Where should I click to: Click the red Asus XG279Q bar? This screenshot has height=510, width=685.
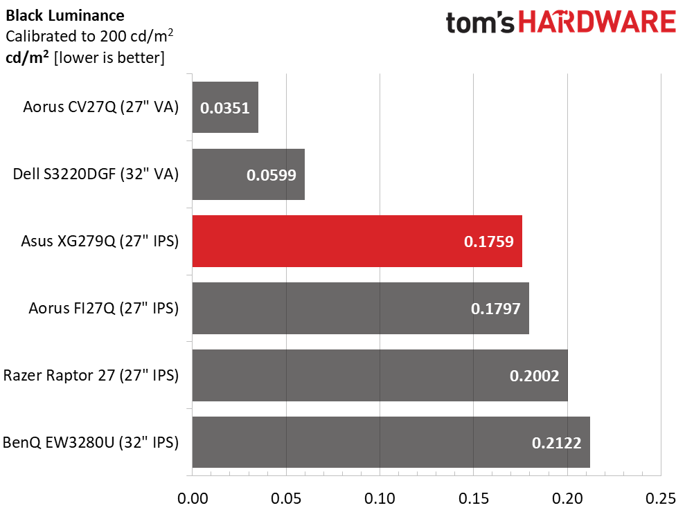tap(357, 241)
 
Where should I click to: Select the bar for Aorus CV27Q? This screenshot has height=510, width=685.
tap(225, 107)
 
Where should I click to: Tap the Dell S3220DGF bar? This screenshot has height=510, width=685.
tap(249, 174)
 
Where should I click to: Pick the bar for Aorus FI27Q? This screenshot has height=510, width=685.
tap(361, 308)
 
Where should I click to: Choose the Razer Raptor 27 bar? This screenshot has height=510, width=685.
tap(380, 376)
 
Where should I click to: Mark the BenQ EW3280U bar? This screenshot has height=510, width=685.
tap(391, 442)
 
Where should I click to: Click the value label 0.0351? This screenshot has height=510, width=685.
tap(225, 108)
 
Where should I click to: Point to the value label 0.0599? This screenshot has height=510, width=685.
tap(272, 175)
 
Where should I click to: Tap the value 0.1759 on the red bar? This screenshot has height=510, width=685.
tap(489, 242)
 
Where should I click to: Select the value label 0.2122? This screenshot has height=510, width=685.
tap(557, 443)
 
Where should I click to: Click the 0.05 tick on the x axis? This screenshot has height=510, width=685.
tap(286, 498)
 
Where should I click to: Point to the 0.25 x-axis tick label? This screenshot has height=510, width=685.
tap(661, 498)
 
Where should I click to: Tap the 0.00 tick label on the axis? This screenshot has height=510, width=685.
tap(193, 498)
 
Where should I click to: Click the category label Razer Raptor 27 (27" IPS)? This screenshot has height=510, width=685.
tap(91, 376)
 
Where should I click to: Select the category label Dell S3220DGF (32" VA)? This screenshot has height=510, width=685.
tap(96, 174)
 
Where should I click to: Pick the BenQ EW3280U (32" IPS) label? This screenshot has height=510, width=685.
tap(91, 442)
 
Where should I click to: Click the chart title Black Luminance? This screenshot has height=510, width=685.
tap(65, 16)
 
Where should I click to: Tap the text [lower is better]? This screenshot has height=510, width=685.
tap(109, 57)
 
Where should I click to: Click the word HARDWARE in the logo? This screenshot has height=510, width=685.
tap(597, 22)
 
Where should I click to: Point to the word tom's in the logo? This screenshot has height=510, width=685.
tap(480, 22)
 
